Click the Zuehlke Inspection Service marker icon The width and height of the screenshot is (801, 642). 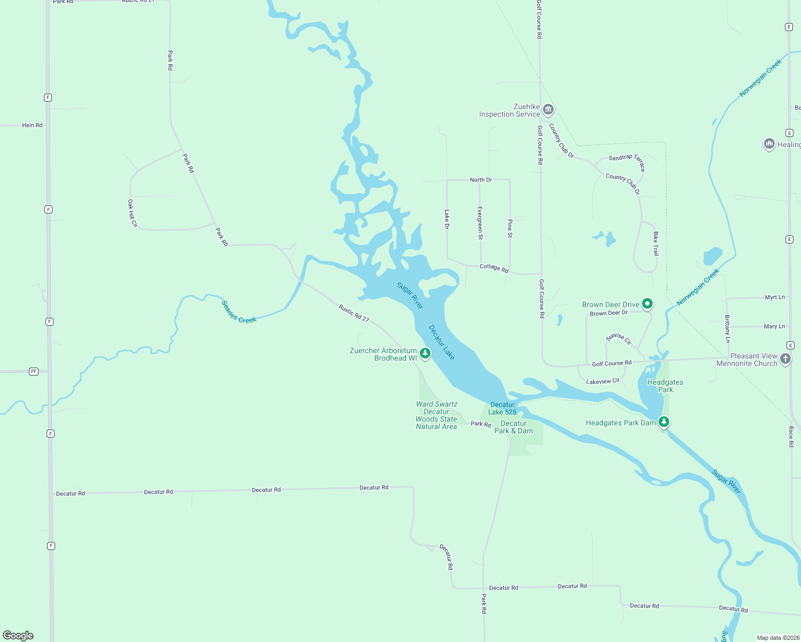pos(548,110)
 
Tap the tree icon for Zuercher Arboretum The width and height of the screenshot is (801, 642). pos(425,353)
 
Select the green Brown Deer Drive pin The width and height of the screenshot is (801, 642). pos(647,304)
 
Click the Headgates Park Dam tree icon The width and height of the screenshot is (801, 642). pos(664,422)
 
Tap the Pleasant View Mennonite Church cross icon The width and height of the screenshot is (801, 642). pos(785,359)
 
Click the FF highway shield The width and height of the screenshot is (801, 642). pos(34,371)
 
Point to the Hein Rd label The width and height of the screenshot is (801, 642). pos(32,125)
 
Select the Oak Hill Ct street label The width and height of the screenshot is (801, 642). pos(132,213)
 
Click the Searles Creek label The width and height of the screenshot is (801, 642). pos(239,312)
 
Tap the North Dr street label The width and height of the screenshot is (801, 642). pos(481,180)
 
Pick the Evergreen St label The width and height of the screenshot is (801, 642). pos(480,223)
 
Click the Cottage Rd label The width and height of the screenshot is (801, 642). pos(494,268)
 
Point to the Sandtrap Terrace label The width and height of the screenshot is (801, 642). pos(627,161)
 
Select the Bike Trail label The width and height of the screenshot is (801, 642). pos(655,243)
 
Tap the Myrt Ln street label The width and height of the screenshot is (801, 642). pos(774,297)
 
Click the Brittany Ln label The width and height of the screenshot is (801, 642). pos(727,328)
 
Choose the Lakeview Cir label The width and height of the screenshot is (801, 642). pos(603,381)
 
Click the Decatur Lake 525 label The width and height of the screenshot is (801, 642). pos(502,408)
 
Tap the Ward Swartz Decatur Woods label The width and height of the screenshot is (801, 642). pos(436,415)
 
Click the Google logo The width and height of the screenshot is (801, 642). pos(18,635)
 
